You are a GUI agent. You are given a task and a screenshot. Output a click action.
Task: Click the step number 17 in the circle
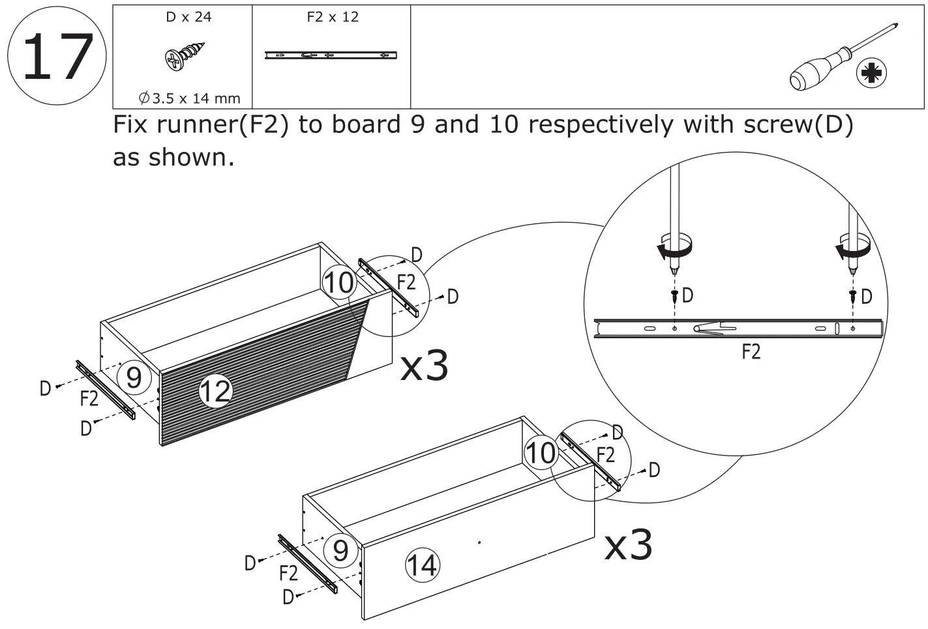(56, 57)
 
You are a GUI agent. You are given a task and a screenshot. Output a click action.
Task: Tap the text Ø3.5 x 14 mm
(189, 98)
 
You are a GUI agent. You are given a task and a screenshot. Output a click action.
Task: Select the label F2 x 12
(333, 17)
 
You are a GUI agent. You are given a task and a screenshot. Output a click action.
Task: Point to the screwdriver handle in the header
(815, 72)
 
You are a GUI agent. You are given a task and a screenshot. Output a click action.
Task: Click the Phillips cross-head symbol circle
(871, 74)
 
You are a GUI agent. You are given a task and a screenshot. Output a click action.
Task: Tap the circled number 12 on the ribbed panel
(215, 391)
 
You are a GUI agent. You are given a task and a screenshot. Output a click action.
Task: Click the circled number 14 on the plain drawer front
(422, 564)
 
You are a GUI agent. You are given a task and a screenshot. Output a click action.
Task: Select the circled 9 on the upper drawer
(134, 377)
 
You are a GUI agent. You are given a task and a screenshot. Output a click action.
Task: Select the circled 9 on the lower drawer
(340, 551)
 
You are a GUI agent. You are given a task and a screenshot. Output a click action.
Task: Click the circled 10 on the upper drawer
(338, 283)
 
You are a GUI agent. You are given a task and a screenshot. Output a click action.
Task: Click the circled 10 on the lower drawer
(541, 453)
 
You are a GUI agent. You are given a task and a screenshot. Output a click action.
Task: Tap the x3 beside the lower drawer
(628, 544)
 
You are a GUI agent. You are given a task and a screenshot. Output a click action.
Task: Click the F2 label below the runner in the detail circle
(751, 352)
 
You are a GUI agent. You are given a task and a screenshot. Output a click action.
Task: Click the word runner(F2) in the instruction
(201, 124)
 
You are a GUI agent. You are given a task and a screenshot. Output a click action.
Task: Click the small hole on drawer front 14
(479, 542)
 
